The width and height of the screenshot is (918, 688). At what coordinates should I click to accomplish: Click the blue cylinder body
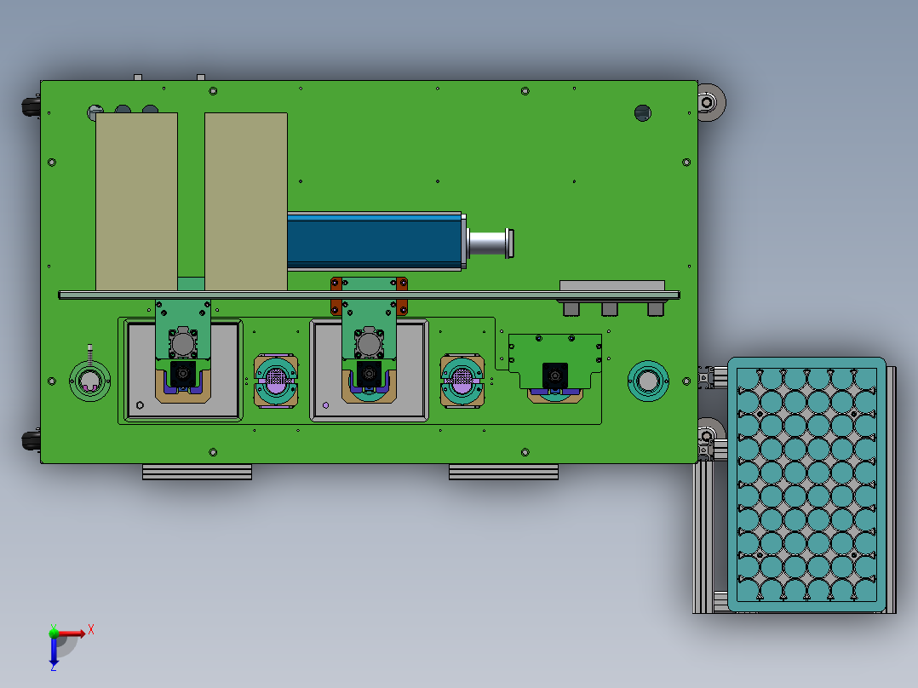pyautogui.click(x=375, y=241)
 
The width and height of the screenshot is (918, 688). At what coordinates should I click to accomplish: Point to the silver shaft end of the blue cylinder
pyautogui.click(x=491, y=243)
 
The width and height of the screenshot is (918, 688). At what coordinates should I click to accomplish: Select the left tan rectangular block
pyautogui.click(x=136, y=202)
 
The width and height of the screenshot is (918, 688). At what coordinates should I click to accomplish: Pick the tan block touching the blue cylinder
pyautogui.click(x=246, y=202)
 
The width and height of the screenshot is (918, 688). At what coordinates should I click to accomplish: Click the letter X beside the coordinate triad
pyautogui.click(x=91, y=630)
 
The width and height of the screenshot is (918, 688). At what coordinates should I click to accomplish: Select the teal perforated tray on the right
pyautogui.click(x=806, y=484)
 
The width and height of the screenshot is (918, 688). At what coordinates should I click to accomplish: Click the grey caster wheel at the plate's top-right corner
pyautogui.click(x=711, y=102)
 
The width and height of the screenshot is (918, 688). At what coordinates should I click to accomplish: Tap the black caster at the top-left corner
pyautogui.click(x=31, y=106)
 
